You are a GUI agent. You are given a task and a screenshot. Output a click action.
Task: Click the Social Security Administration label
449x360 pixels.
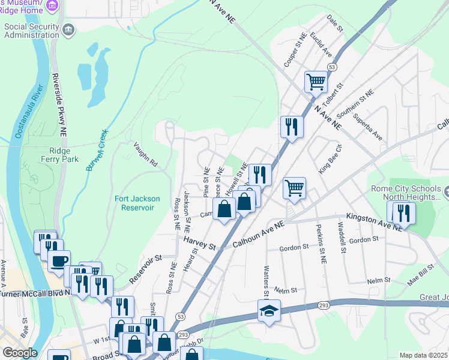point(31,31)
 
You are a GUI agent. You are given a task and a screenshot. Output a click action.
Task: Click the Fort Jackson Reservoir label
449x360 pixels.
point(134,203)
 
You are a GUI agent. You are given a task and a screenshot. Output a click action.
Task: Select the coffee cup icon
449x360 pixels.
point(59,261)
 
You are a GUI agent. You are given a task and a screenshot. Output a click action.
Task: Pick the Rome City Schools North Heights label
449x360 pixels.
point(406,193)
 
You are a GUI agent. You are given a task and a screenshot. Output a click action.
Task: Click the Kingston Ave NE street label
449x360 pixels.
point(373,222)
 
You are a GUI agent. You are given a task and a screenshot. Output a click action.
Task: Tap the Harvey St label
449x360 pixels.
point(199,242)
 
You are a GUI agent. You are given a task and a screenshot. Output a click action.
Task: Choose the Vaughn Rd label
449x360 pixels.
point(145,154)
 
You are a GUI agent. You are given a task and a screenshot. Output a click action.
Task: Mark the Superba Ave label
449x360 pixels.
point(367,127)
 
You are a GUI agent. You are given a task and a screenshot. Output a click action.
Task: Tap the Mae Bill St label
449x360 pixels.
point(420,274)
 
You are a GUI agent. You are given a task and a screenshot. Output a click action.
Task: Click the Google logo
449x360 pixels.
point(19,353)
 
